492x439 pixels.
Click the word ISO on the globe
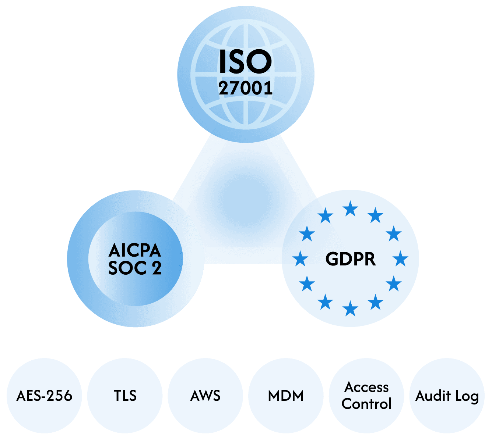[x=245, y=61]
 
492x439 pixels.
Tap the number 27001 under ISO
[x=245, y=88]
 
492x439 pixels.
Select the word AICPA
[x=135, y=251]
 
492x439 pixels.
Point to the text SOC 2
[x=135, y=268]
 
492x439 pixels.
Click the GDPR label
[x=351, y=259]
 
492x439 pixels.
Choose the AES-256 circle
[x=44, y=396]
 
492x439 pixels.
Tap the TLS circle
[x=125, y=396]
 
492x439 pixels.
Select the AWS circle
[x=205, y=396]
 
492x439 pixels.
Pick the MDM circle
[x=286, y=396]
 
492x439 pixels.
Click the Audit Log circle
[x=447, y=396]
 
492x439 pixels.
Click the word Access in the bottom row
[x=366, y=387]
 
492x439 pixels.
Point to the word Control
[x=366, y=404]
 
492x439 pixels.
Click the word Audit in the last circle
[x=433, y=396]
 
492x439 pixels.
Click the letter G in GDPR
[x=332, y=259]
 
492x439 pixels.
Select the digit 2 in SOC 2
[x=157, y=268]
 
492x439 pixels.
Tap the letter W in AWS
[x=205, y=396]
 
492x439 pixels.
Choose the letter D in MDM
[x=286, y=396]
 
